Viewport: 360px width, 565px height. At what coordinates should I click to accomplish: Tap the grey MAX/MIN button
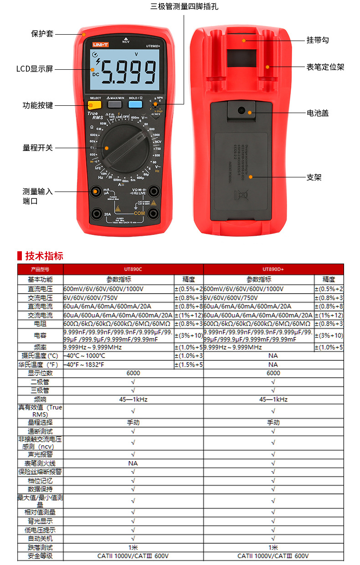[115, 104]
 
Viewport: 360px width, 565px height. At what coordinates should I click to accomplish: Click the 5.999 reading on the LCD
[129, 73]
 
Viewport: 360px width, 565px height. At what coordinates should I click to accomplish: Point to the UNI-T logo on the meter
[100, 44]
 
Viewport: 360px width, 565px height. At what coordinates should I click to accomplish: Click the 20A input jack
[97, 213]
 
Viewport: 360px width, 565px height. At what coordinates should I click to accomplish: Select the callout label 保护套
[42, 34]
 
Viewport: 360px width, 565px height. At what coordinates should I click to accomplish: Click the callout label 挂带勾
[318, 40]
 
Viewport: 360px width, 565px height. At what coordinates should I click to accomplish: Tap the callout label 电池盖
[318, 113]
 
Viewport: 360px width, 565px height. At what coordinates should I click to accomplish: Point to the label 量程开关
[38, 148]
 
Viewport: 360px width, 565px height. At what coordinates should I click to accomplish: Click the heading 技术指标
[44, 256]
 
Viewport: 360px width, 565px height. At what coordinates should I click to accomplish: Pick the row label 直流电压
[40, 289]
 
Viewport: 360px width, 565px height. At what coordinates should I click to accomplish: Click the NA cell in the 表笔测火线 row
[133, 463]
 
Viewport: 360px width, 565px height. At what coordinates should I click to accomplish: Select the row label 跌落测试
[40, 547]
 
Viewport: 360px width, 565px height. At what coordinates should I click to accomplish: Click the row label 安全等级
[40, 556]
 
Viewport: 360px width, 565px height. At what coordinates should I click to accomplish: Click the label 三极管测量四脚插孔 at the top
[184, 7]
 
